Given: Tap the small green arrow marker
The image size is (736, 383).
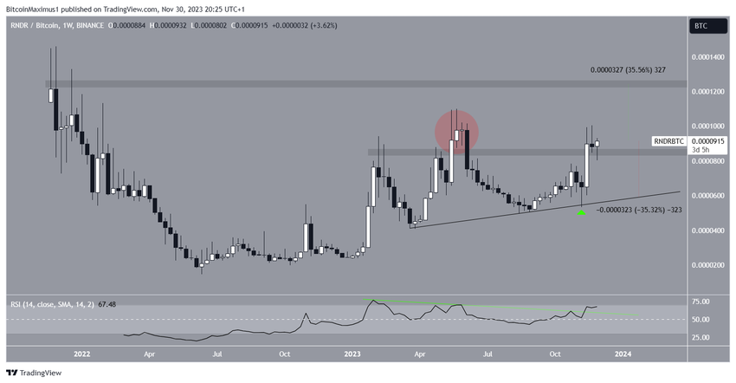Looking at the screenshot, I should [581, 211].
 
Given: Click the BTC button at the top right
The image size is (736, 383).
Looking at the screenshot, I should [700, 26].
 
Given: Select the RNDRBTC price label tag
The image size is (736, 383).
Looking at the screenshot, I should [668, 140].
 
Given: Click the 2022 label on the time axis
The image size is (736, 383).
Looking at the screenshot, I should [82, 354].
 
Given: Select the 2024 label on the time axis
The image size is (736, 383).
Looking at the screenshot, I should [623, 354].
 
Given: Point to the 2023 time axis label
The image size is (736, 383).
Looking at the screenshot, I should [352, 354].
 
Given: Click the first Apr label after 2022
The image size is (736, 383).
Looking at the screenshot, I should [150, 354].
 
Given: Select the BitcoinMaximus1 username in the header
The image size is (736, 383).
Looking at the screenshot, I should [35, 8].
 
